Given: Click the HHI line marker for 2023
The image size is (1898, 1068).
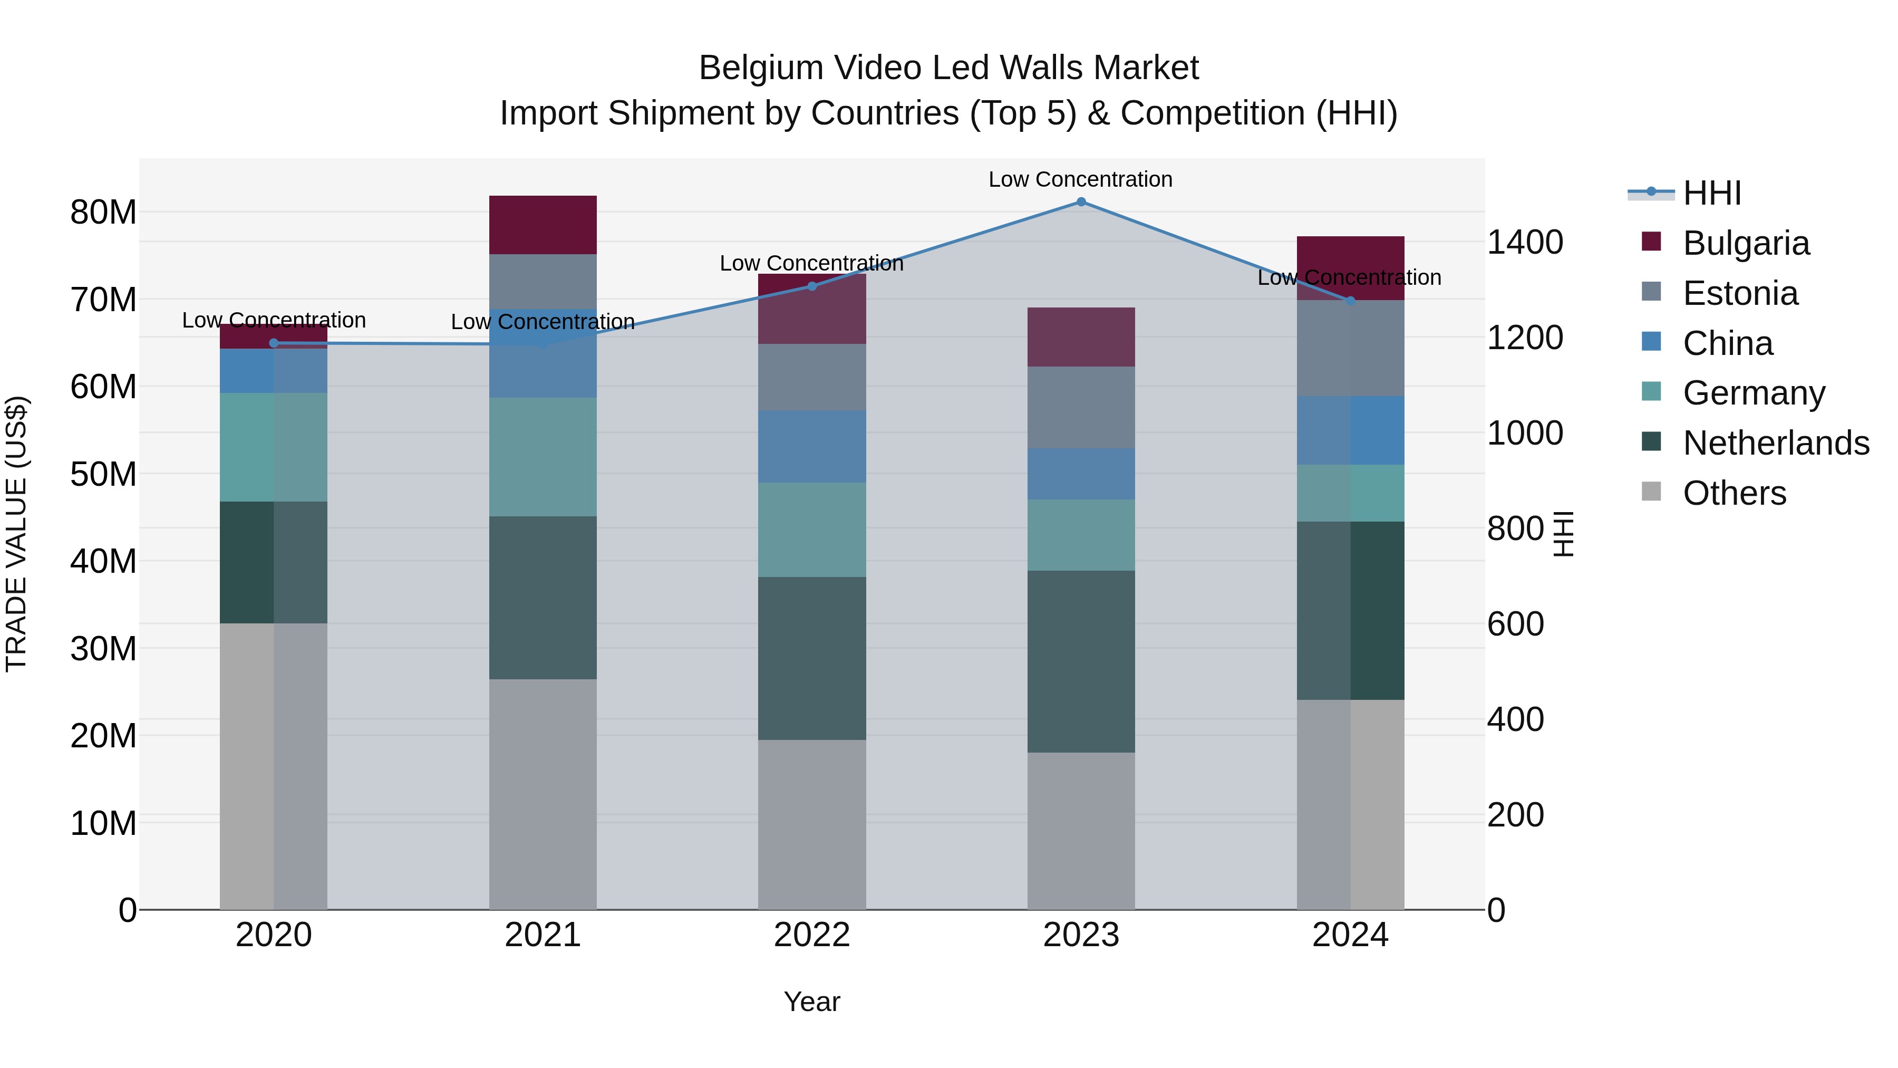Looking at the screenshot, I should click(1081, 202).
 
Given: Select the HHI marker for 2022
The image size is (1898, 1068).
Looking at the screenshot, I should click(812, 286).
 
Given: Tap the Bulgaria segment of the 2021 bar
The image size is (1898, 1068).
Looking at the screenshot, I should click(543, 225).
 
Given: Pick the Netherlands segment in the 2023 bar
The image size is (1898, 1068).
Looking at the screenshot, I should click(1081, 661).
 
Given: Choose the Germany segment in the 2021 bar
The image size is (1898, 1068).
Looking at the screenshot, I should click(543, 457).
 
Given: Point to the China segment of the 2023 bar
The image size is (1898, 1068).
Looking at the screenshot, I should click(1081, 474).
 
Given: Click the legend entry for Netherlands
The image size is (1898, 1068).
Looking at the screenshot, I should click(1776, 443).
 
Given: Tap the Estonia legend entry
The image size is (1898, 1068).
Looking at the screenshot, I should click(1740, 293).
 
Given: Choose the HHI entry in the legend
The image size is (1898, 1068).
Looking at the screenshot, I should click(1711, 193).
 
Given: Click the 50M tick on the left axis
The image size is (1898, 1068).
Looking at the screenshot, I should click(103, 474).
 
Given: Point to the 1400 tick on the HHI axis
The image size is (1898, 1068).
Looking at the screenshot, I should click(1524, 243).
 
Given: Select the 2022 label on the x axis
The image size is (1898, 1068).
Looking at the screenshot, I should click(812, 935).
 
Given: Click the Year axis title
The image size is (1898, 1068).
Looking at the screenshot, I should click(812, 1002).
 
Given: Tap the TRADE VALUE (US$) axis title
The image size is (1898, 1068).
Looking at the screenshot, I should click(16, 534).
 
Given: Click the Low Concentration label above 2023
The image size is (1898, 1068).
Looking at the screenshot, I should click(1080, 179).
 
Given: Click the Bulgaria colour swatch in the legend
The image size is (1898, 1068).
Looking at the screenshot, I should click(1651, 242).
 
